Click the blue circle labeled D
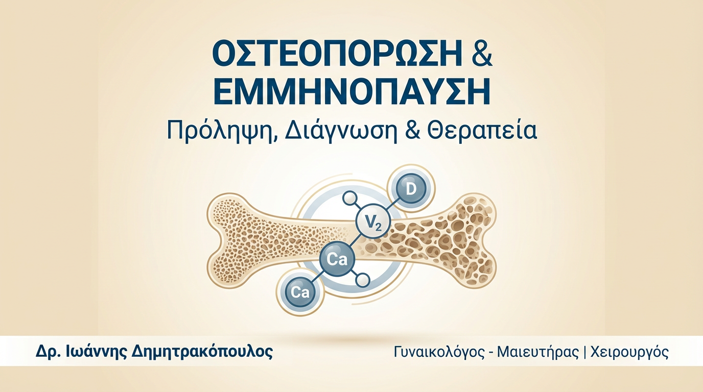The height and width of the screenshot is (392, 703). pos(411,189)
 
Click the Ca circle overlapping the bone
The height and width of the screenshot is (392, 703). pos(338,260)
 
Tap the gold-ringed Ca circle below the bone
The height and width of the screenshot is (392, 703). pos(300,292)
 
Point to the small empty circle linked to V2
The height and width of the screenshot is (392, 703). pos(348,199)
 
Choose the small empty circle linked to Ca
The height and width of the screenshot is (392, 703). pos(363,279)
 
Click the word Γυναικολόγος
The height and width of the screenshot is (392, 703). pos(439,352)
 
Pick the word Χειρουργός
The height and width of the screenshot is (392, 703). pos(629,352)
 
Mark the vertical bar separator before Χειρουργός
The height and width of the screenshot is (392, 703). pos(585,352)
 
